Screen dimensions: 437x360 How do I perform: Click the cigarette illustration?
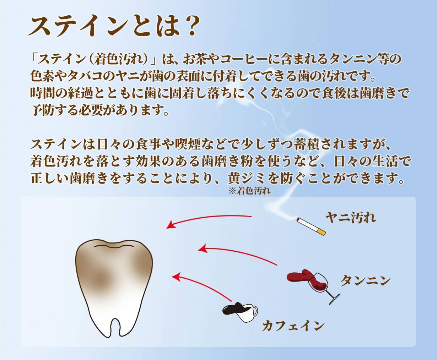pos(311,227)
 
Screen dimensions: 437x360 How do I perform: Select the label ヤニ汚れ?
pos(351,218)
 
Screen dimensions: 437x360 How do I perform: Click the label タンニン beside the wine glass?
pos(366,280)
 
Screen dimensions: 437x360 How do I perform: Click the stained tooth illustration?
pos(114,288)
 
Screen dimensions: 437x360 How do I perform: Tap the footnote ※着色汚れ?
pos(249,191)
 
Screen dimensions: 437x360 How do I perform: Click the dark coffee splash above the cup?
pos(233,309)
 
